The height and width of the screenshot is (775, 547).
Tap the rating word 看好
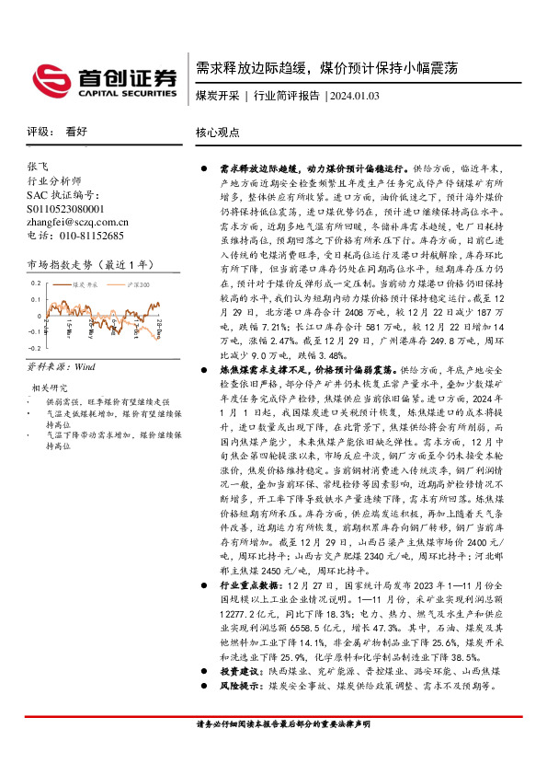tap(76, 133)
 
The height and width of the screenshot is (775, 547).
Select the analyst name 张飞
tap(38, 168)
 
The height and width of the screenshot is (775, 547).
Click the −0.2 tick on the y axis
tap(32, 349)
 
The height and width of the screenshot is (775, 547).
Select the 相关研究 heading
tap(50, 387)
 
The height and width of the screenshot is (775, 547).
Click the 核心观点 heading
tap(218, 133)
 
